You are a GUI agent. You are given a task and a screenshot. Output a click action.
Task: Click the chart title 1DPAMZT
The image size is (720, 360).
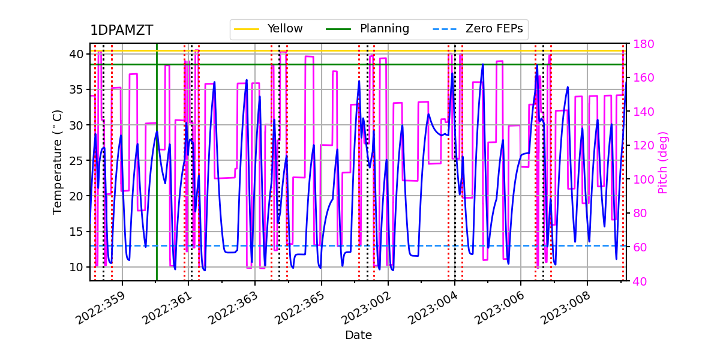(121, 31)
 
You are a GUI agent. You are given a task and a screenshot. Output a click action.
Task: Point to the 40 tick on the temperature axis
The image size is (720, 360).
(77, 54)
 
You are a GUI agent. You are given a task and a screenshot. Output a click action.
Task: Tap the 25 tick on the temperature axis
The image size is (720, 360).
(77, 160)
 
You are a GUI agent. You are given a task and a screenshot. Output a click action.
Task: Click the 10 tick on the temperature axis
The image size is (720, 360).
(77, 267)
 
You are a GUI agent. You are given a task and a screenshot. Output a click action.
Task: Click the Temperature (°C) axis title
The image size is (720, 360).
(58, 161)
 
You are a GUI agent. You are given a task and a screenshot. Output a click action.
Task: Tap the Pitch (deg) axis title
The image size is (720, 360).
(663, 162)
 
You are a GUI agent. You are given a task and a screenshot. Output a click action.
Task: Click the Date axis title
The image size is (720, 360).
(358, 335)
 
